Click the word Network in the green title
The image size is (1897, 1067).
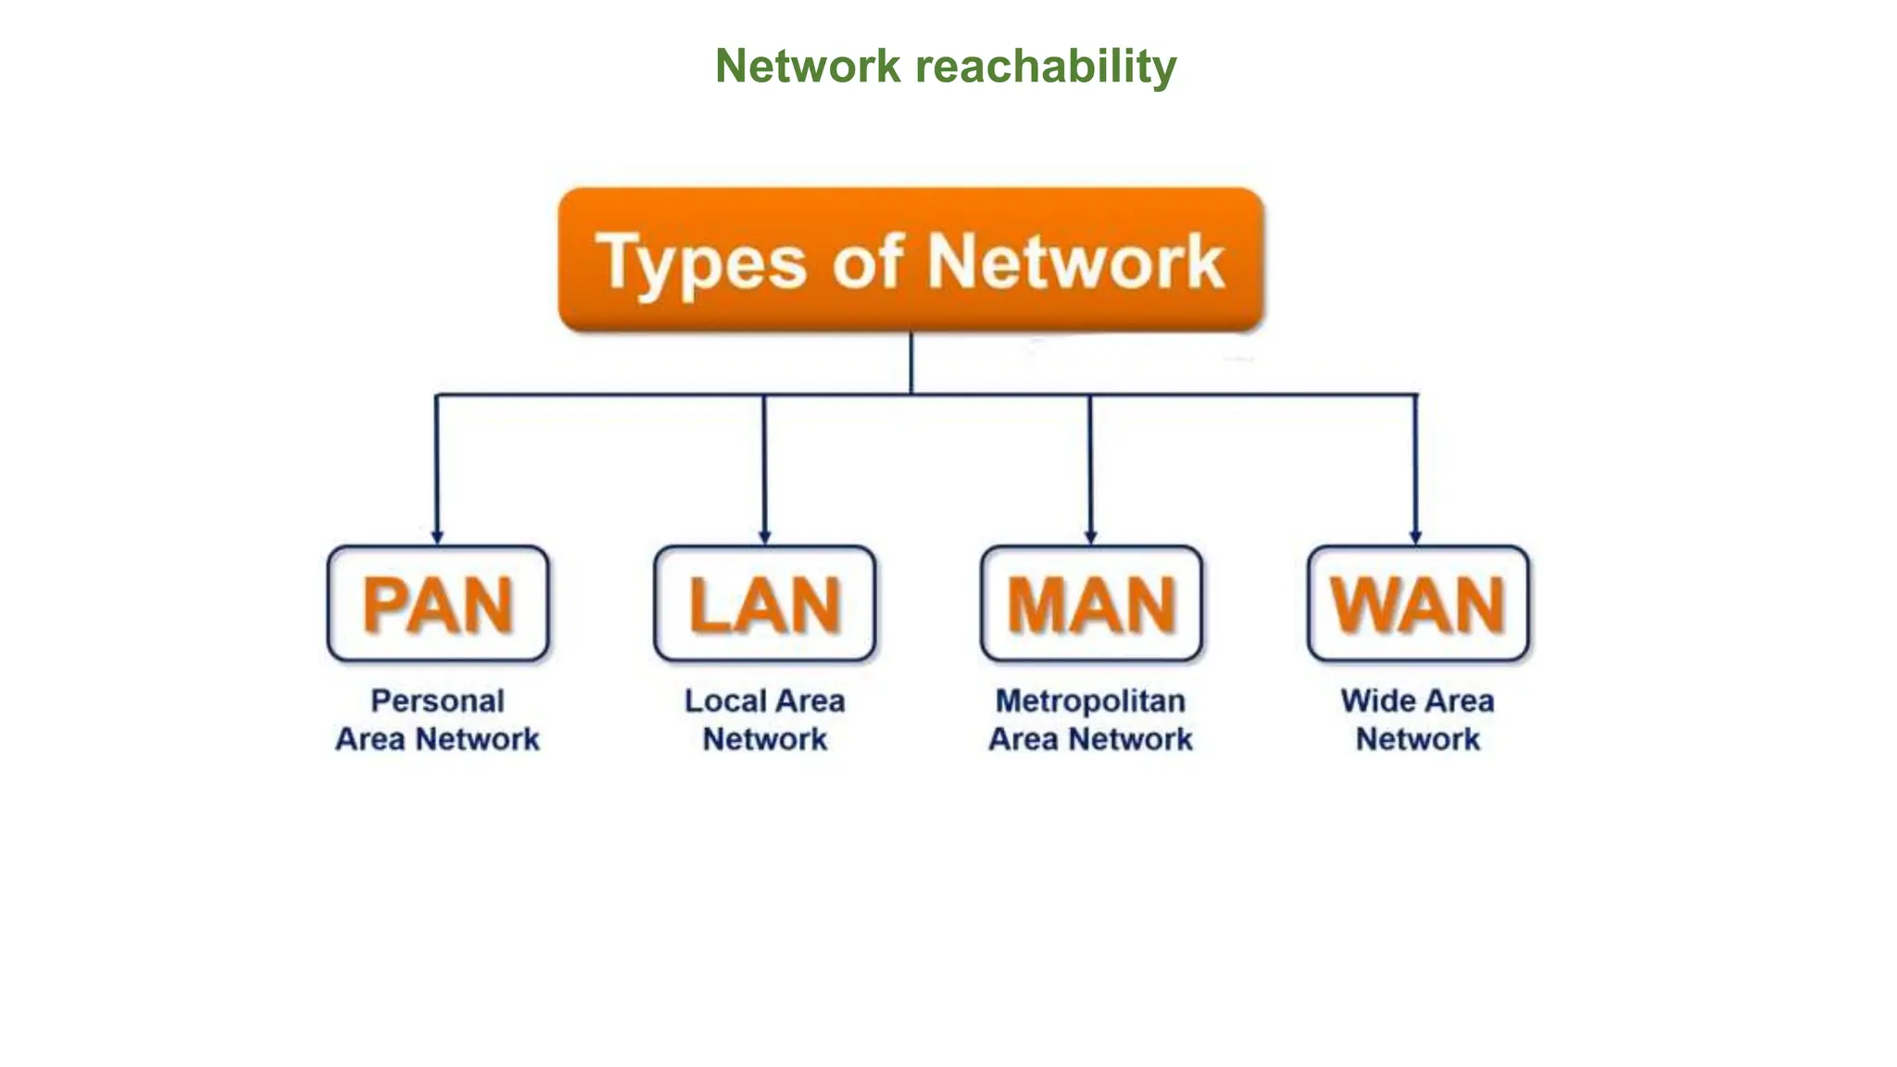click(808, 67)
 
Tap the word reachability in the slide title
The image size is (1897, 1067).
click(1046, 67)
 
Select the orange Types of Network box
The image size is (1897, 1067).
click(911, 260)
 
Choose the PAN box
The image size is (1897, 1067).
click(438, 604)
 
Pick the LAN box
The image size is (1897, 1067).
click(764, 604)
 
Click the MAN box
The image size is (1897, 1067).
click(1091, 604)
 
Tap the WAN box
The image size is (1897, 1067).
click(1418, 604)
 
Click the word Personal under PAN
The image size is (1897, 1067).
click(437, 701)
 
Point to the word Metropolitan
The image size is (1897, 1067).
click(1090, 701)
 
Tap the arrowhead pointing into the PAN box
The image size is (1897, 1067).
click(437, 537)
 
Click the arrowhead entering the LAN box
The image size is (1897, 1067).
click(764, 537)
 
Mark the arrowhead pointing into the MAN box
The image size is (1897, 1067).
click(1090, 537)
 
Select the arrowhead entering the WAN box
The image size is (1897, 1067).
click(1415, 537)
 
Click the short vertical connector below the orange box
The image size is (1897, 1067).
click(911, 363)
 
